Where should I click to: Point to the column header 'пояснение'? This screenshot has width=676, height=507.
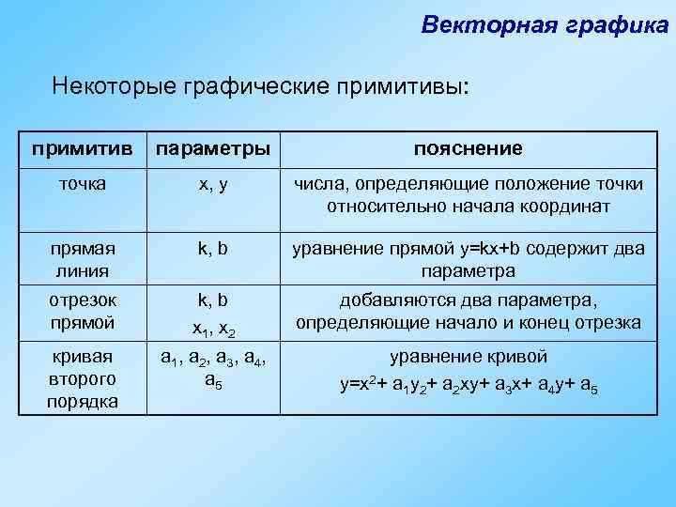(x=469, y=149)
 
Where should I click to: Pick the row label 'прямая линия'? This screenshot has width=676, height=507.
(x=80, y=260)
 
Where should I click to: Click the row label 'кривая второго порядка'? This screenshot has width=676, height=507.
(x=80, y=379)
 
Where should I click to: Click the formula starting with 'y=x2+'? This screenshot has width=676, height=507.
(x=469, y=385)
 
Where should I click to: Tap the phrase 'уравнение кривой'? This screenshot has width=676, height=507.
(x=469, y=358)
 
